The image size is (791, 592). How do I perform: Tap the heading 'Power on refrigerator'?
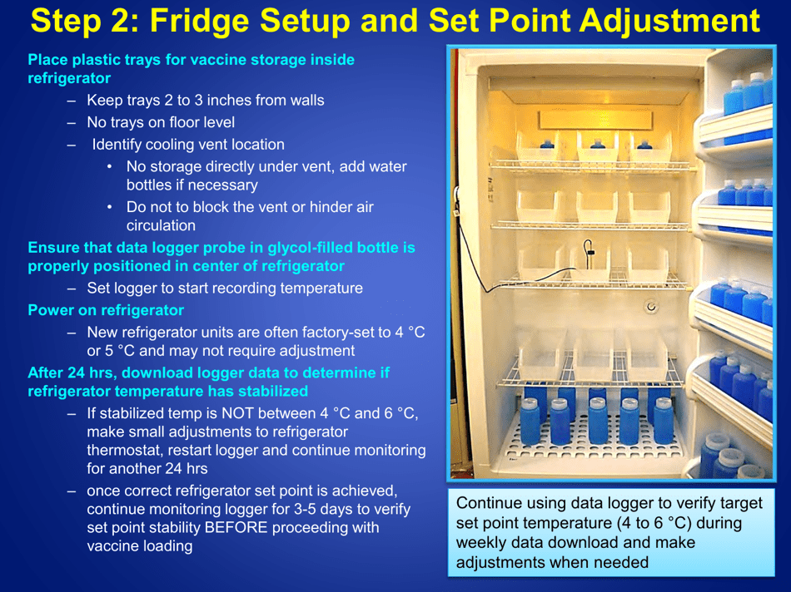(106, 310)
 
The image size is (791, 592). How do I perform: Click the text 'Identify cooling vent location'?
(188, 145)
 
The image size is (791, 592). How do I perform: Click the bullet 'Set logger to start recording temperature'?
(225, 289)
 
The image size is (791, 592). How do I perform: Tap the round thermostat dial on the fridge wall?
(651, 307)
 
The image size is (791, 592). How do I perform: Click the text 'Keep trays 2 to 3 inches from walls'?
(206, 101)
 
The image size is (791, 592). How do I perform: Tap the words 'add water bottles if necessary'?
(266, 175)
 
